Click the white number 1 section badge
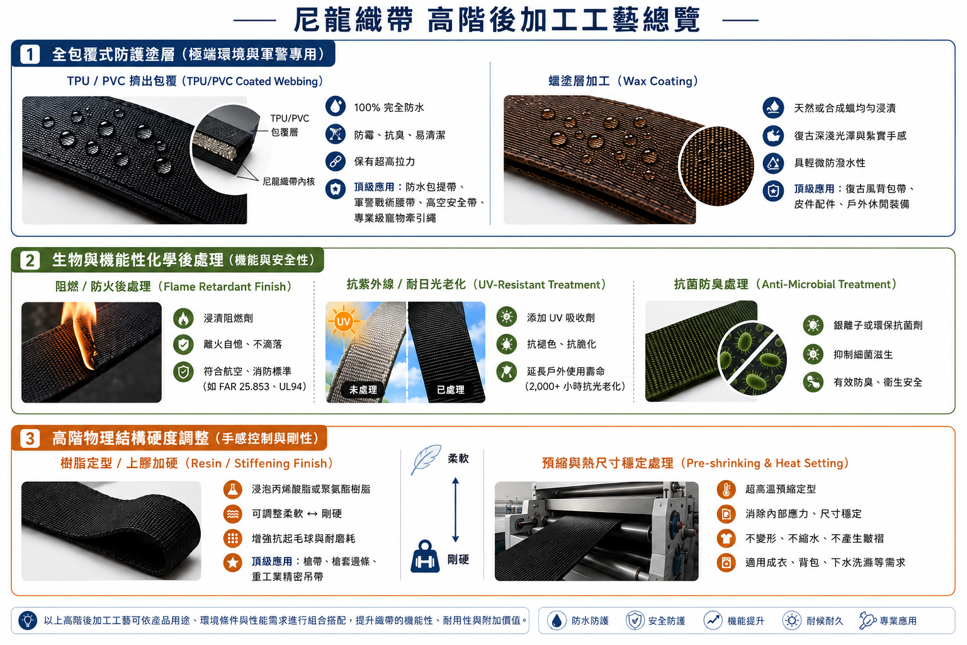click(x=30, y=54)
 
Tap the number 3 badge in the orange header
click(x=30, y=438)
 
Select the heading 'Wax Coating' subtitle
click(x=623, y=81)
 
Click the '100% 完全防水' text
click(x=389, y=108)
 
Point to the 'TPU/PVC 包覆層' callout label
click(x=289, y=125)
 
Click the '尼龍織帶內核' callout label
click(x=289, y=181)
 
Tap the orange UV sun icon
click(x=343, y=321)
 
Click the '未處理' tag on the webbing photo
click(x=363, y=390)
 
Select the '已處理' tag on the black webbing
click(x=450, y=390)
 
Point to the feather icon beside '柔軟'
click(x=426, y=459)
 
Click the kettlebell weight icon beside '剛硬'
click(x=425, y=557)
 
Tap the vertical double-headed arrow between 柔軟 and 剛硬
click(x=455, y=510)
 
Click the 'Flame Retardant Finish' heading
click(x=173, y=287)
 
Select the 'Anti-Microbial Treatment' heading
click(x=785, y=284)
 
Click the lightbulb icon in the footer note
click(x=28, y=620)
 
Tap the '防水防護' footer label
click(x=590, y=621)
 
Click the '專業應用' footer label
click(x=898, y=621)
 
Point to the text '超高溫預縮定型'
click(x=781, y=489)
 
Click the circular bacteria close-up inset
click(x=752, y=358)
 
